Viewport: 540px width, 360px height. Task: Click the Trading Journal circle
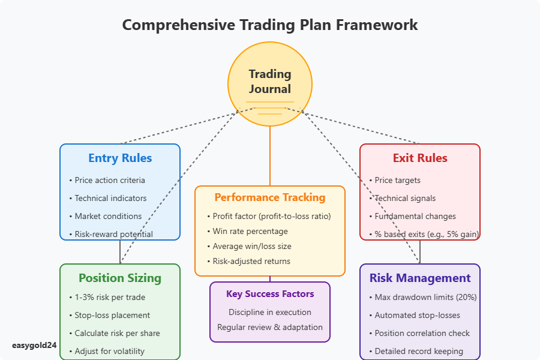270,82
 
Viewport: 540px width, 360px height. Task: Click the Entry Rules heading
120,158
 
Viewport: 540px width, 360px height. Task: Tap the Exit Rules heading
420,158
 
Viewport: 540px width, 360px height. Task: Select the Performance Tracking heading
270,197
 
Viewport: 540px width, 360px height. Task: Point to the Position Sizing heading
120,278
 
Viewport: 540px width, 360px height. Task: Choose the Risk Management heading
420,278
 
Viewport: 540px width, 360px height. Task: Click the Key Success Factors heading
270,294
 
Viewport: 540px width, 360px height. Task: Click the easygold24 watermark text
34,346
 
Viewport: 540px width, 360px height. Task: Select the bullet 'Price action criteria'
110,180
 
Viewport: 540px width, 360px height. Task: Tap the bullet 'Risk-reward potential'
113,234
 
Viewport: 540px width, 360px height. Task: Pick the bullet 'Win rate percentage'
250,231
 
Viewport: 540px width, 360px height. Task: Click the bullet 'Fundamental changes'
415,216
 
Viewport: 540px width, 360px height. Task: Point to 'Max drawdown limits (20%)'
425,297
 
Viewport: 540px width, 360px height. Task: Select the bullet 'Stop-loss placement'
112,315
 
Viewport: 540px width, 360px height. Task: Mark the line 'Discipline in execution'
270,312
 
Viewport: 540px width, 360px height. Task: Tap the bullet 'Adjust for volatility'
110,351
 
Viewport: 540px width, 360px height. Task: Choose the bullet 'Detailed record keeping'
419,351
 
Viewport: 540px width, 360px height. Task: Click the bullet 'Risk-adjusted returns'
251,261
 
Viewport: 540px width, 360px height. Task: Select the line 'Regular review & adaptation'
270,327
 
